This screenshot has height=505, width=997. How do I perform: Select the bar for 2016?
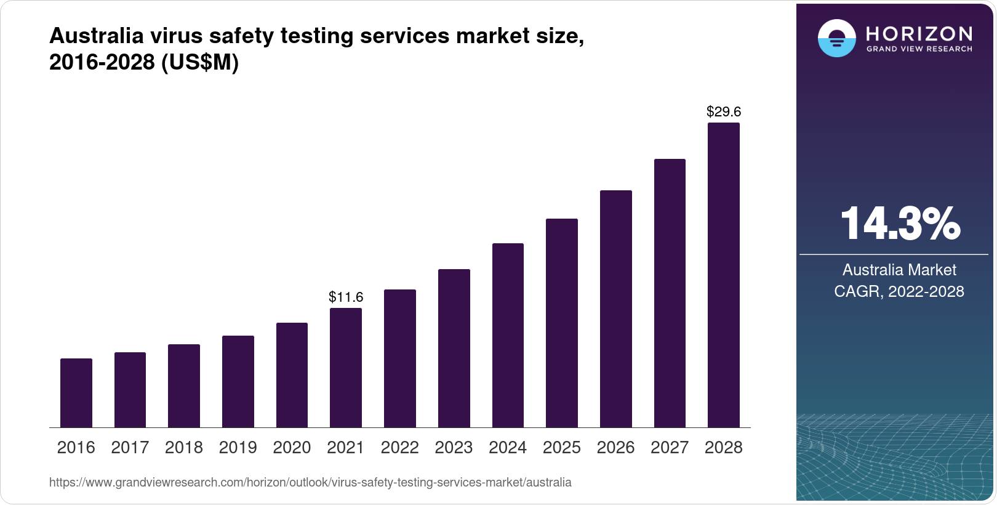(76, 393)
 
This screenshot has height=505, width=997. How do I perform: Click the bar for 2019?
(238, 381)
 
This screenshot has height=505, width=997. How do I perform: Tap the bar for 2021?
(346, 368)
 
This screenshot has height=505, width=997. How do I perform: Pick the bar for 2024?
(508, 335)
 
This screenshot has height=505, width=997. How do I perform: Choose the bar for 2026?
(615, 309)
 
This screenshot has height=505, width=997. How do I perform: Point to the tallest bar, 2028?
(724, 275)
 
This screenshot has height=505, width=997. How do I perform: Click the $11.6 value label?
(346, 297)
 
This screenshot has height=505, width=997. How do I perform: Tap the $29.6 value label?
(724, 111)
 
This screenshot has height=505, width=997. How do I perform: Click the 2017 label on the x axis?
(130, 448)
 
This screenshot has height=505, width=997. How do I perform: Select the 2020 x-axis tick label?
(292, 448)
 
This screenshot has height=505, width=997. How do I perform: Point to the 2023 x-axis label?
(454, 448)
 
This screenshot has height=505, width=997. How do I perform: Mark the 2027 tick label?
(670, 448)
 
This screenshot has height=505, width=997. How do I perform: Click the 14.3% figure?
(900, 224)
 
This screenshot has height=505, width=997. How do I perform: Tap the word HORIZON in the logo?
(919, 33)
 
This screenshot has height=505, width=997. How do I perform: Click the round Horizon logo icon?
(836, 38)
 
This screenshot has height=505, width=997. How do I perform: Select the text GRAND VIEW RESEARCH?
(919, 49)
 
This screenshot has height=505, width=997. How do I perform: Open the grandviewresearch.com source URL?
(310, 483)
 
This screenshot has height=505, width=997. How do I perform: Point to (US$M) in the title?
(200, 62)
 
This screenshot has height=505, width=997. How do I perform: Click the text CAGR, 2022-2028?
(899, 291)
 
